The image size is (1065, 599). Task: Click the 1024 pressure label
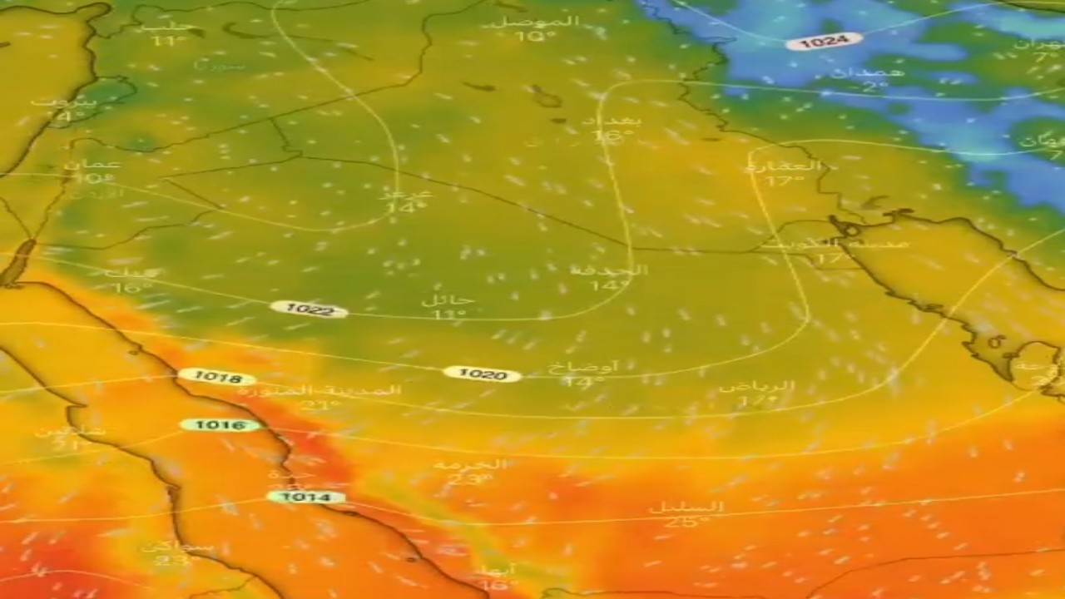824,41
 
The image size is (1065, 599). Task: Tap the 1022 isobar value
309,309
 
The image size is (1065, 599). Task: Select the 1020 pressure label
482,374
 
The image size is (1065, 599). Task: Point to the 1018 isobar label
217,378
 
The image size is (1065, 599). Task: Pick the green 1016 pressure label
220,425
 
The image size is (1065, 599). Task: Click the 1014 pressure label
305,497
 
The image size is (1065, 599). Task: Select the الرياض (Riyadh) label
756,387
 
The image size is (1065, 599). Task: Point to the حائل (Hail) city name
448,299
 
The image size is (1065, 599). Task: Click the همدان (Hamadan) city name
856,73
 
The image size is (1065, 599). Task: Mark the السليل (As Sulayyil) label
686,507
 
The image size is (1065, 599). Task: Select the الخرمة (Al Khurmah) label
470,464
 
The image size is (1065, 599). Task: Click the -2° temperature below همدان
852,87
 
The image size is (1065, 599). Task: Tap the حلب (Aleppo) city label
163,26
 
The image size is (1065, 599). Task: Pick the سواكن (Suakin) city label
176,547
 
